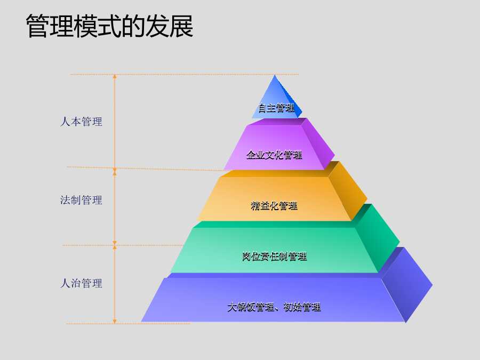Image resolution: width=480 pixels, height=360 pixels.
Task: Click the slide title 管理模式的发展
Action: coord(109,26)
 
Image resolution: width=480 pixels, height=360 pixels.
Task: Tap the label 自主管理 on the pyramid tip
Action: coord(276,108)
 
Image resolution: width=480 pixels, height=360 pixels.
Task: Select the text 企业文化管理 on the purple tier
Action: coord(274,155)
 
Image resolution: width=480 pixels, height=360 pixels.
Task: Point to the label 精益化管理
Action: coord(274,205)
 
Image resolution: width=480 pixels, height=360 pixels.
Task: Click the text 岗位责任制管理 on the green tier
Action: coord(275,256)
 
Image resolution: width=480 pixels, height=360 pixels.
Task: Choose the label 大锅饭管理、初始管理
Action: coord(274,307)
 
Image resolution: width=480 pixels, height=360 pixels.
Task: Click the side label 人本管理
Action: coord(81,122)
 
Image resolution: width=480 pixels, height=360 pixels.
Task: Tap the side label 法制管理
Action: coord(81,200)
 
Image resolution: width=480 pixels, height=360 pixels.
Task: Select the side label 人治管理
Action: coord(81,283)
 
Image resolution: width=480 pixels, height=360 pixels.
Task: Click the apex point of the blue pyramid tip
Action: coord(275,75)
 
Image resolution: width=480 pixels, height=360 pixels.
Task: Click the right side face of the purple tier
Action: coord(318,144)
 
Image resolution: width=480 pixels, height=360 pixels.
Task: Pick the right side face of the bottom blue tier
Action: coord(407,285)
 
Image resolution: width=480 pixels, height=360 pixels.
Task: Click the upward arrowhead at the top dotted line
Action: coord(115,76)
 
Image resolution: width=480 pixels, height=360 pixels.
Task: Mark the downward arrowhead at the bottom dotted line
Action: coord(115,322)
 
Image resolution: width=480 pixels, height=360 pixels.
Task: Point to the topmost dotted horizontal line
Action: coord(185,74)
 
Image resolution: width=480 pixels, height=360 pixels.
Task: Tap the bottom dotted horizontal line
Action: coord(128,324)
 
